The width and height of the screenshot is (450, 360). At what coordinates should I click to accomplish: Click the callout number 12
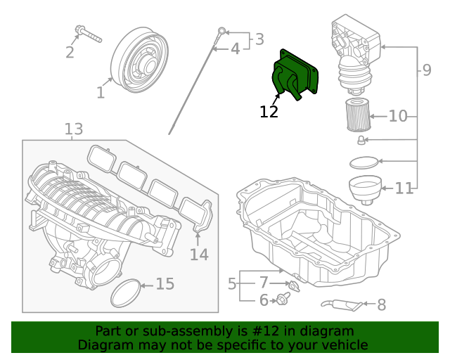coord(269,111)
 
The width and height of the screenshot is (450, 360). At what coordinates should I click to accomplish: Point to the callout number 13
coord(74,129)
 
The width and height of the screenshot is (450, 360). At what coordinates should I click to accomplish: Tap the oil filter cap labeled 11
coord(365,189)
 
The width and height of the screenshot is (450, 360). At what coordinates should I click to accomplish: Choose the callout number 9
coord(427,70)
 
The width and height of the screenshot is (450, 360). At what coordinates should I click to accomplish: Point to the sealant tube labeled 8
coord(344,304)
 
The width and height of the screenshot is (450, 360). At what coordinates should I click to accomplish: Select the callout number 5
coord(232,284)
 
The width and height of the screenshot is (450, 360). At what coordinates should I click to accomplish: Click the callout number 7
coord(264,283)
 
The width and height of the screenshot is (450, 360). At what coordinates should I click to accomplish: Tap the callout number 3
coord(259,39)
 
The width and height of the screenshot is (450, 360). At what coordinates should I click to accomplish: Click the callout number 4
coord(235,49)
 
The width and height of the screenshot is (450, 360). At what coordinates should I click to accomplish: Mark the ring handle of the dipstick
coord(221,31)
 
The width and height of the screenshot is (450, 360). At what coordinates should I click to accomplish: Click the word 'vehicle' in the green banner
coord(344,345)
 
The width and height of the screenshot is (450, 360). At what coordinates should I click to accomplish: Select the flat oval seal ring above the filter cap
coord(364,163)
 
